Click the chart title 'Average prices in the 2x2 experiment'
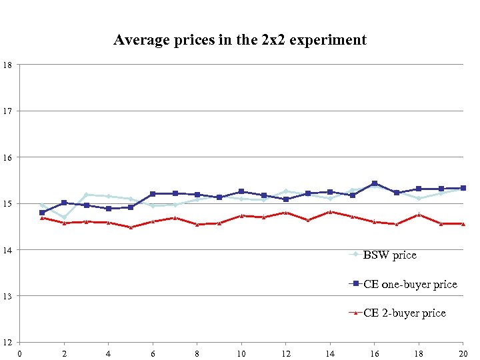tap(240, 40)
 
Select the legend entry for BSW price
tap(389, 255)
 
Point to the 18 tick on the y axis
tap(6, 65)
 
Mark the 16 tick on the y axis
tap(6, 157)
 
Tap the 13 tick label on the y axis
tap(6, 296)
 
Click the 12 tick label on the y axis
tap(6, 342)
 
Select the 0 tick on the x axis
tap(20, 353)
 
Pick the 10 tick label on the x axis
tap(241, 353)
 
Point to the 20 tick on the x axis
tap(463, 353)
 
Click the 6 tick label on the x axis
tap(153, 353)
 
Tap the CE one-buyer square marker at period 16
tap(374, 183)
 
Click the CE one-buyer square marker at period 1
tap(42, 213)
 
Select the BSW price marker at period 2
tap(64, 217)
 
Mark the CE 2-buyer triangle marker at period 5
tap(131, 227)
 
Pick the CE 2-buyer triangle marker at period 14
tap(330, 212)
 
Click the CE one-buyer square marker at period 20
tap(463, 188)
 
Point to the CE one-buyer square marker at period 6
tap(153, 194)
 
